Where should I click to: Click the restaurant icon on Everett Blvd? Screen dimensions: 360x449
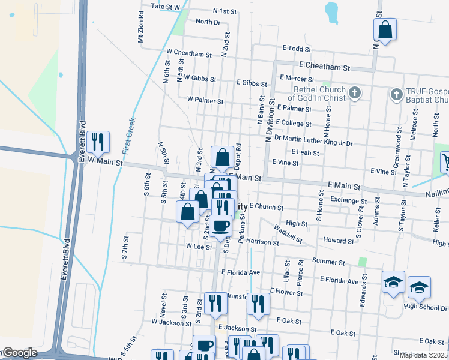[x=97, y=142]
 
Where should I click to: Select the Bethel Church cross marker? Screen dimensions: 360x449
[x=355, y=92]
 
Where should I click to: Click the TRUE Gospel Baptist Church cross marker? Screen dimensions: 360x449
[x=396, y=94]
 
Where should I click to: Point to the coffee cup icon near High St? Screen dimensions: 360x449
[x=221, y=225]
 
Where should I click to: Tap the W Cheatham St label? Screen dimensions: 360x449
[x=190, y=53]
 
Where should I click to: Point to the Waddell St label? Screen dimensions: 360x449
[x=288, y=233]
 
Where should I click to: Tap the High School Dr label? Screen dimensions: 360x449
[x=426, y=307]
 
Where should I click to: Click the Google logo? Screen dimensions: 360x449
[x=20, y=353]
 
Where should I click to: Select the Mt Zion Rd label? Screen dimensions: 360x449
[x=141, y=27]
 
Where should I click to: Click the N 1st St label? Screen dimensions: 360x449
[x=225, y=11]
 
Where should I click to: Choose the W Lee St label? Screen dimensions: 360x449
[x=196, y=246]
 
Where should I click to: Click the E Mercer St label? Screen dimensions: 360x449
[x=298, y=78]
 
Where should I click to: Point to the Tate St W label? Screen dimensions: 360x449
[x=166, y=7]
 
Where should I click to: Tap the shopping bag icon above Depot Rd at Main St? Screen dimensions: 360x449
[x=222, y=157]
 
